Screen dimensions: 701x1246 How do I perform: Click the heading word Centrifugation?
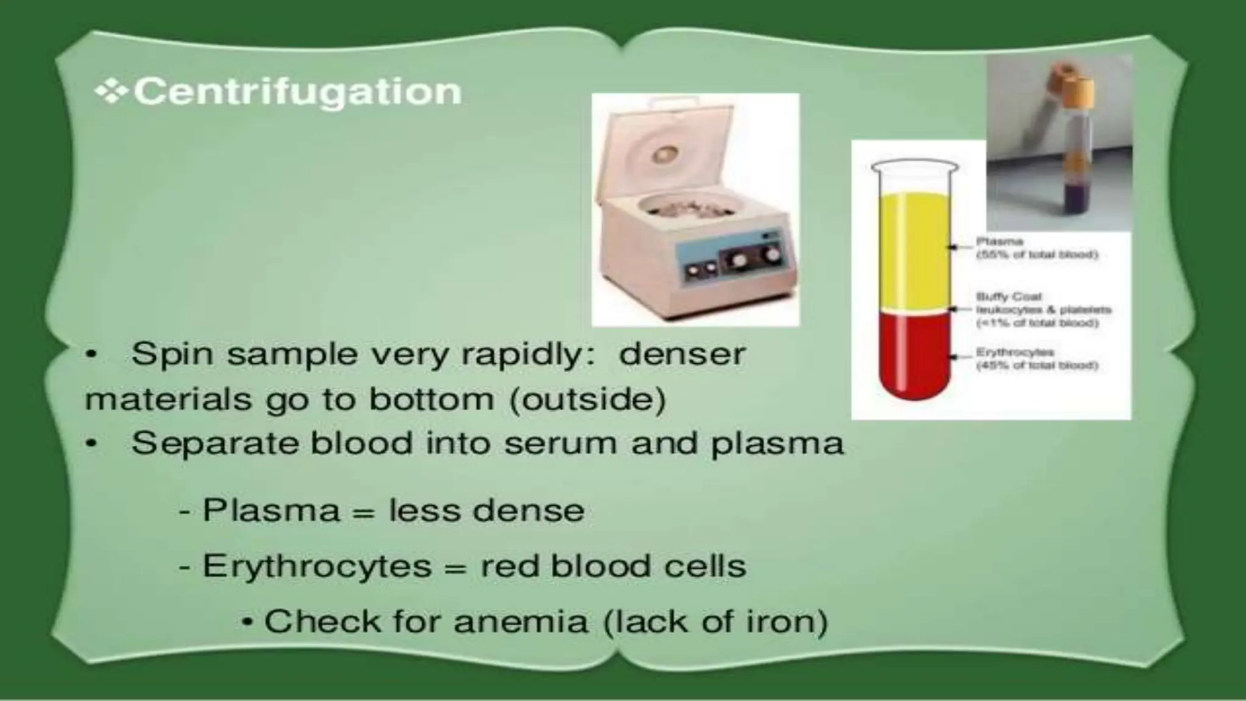(x=297, y=92)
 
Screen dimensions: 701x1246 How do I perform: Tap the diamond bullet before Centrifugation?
(x=111, y=92)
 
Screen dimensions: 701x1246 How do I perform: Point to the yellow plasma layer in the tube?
(x=913, y=249)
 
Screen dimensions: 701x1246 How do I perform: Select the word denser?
(x=681, y=354)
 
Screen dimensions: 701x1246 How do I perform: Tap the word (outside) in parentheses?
(x=586, y=400)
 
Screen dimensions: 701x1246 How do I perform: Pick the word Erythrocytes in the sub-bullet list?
(x=316, y=567)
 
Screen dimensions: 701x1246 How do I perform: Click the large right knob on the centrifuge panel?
(x=772, y=254)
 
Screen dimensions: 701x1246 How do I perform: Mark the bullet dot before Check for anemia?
(x=248, y=623)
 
